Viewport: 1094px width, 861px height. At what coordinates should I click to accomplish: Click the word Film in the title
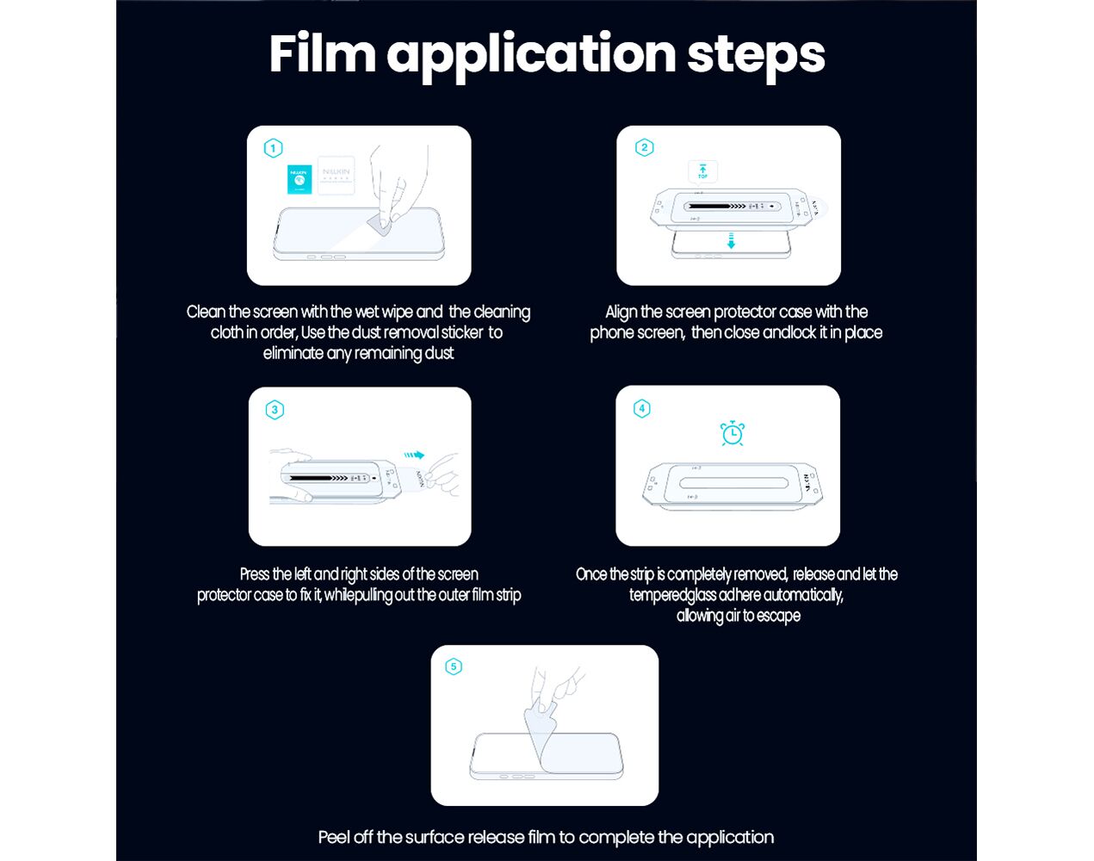point(322,53)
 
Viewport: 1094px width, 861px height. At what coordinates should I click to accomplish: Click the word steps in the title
point(756,57)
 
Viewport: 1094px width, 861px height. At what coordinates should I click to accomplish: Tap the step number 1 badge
point(273,148)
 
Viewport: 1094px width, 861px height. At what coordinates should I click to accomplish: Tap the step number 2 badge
point(644,147)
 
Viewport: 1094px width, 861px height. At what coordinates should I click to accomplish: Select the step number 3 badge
point(275,410)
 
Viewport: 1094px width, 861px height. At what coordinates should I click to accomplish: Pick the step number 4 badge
point(641,408)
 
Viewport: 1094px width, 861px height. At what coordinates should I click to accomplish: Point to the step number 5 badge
point(454,666)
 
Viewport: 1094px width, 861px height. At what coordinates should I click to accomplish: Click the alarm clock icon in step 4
point(732,433)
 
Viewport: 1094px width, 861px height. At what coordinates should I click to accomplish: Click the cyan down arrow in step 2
point(731,240)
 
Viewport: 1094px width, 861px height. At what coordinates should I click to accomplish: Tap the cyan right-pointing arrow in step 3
point(414,455)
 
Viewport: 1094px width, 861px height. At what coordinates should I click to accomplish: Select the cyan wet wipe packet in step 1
point(300,179)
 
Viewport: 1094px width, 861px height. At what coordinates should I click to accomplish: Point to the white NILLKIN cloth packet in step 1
point(336,176)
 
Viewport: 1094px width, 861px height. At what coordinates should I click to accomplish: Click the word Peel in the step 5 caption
point(333,837)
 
